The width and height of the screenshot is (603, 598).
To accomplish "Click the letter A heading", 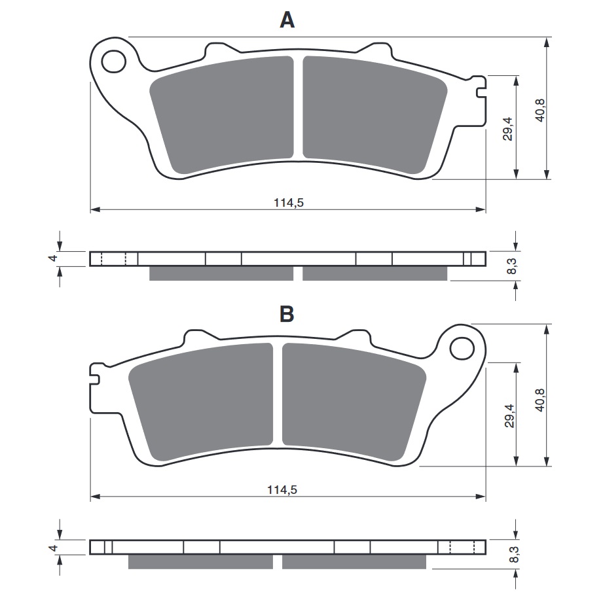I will (287, 21).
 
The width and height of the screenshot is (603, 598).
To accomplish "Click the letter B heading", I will (287, 314).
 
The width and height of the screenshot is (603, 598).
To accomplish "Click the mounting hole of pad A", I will (114, 61).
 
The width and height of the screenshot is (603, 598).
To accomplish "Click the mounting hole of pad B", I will (462, 347).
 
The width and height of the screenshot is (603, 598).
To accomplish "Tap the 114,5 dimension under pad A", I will (288, 202).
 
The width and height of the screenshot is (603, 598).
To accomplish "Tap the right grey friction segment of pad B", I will (347, 400).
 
